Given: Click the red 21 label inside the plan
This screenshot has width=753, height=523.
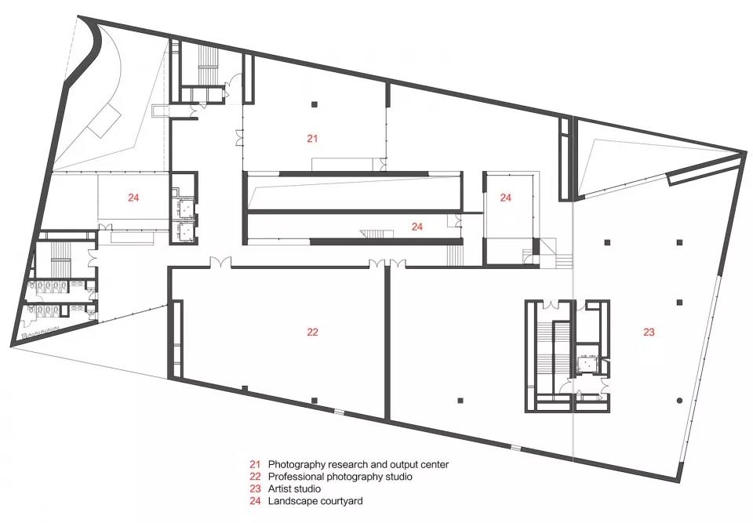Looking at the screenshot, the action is point(312,139).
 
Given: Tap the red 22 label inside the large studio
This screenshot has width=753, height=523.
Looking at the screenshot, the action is point(312,332).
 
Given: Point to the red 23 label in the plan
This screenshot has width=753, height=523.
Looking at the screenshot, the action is point(649,332).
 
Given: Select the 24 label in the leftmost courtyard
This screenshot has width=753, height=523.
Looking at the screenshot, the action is point(133,198).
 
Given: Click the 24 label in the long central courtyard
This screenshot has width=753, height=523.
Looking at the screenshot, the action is point(417,227).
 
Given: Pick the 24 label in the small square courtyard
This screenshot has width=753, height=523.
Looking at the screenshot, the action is point(506,198).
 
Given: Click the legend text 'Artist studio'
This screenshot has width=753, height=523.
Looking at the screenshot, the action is point(294,489).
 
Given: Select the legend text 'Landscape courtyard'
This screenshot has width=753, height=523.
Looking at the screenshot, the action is point(315,501).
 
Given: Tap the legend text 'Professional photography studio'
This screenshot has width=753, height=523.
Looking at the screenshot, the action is point(340,477).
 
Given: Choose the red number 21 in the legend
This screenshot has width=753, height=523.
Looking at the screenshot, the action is point(254,464).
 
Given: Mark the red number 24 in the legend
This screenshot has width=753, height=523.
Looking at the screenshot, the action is point(254,501).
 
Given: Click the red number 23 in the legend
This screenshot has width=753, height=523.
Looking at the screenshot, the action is point(254,489).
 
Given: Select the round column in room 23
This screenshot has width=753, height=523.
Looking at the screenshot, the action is point(679,401).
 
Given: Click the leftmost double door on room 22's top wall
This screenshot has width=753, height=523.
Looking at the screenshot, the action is point(220,263).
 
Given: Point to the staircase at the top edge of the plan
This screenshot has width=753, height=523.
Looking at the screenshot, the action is point(209,65).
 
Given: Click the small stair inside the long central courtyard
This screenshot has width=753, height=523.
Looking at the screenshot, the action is point(372,234).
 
